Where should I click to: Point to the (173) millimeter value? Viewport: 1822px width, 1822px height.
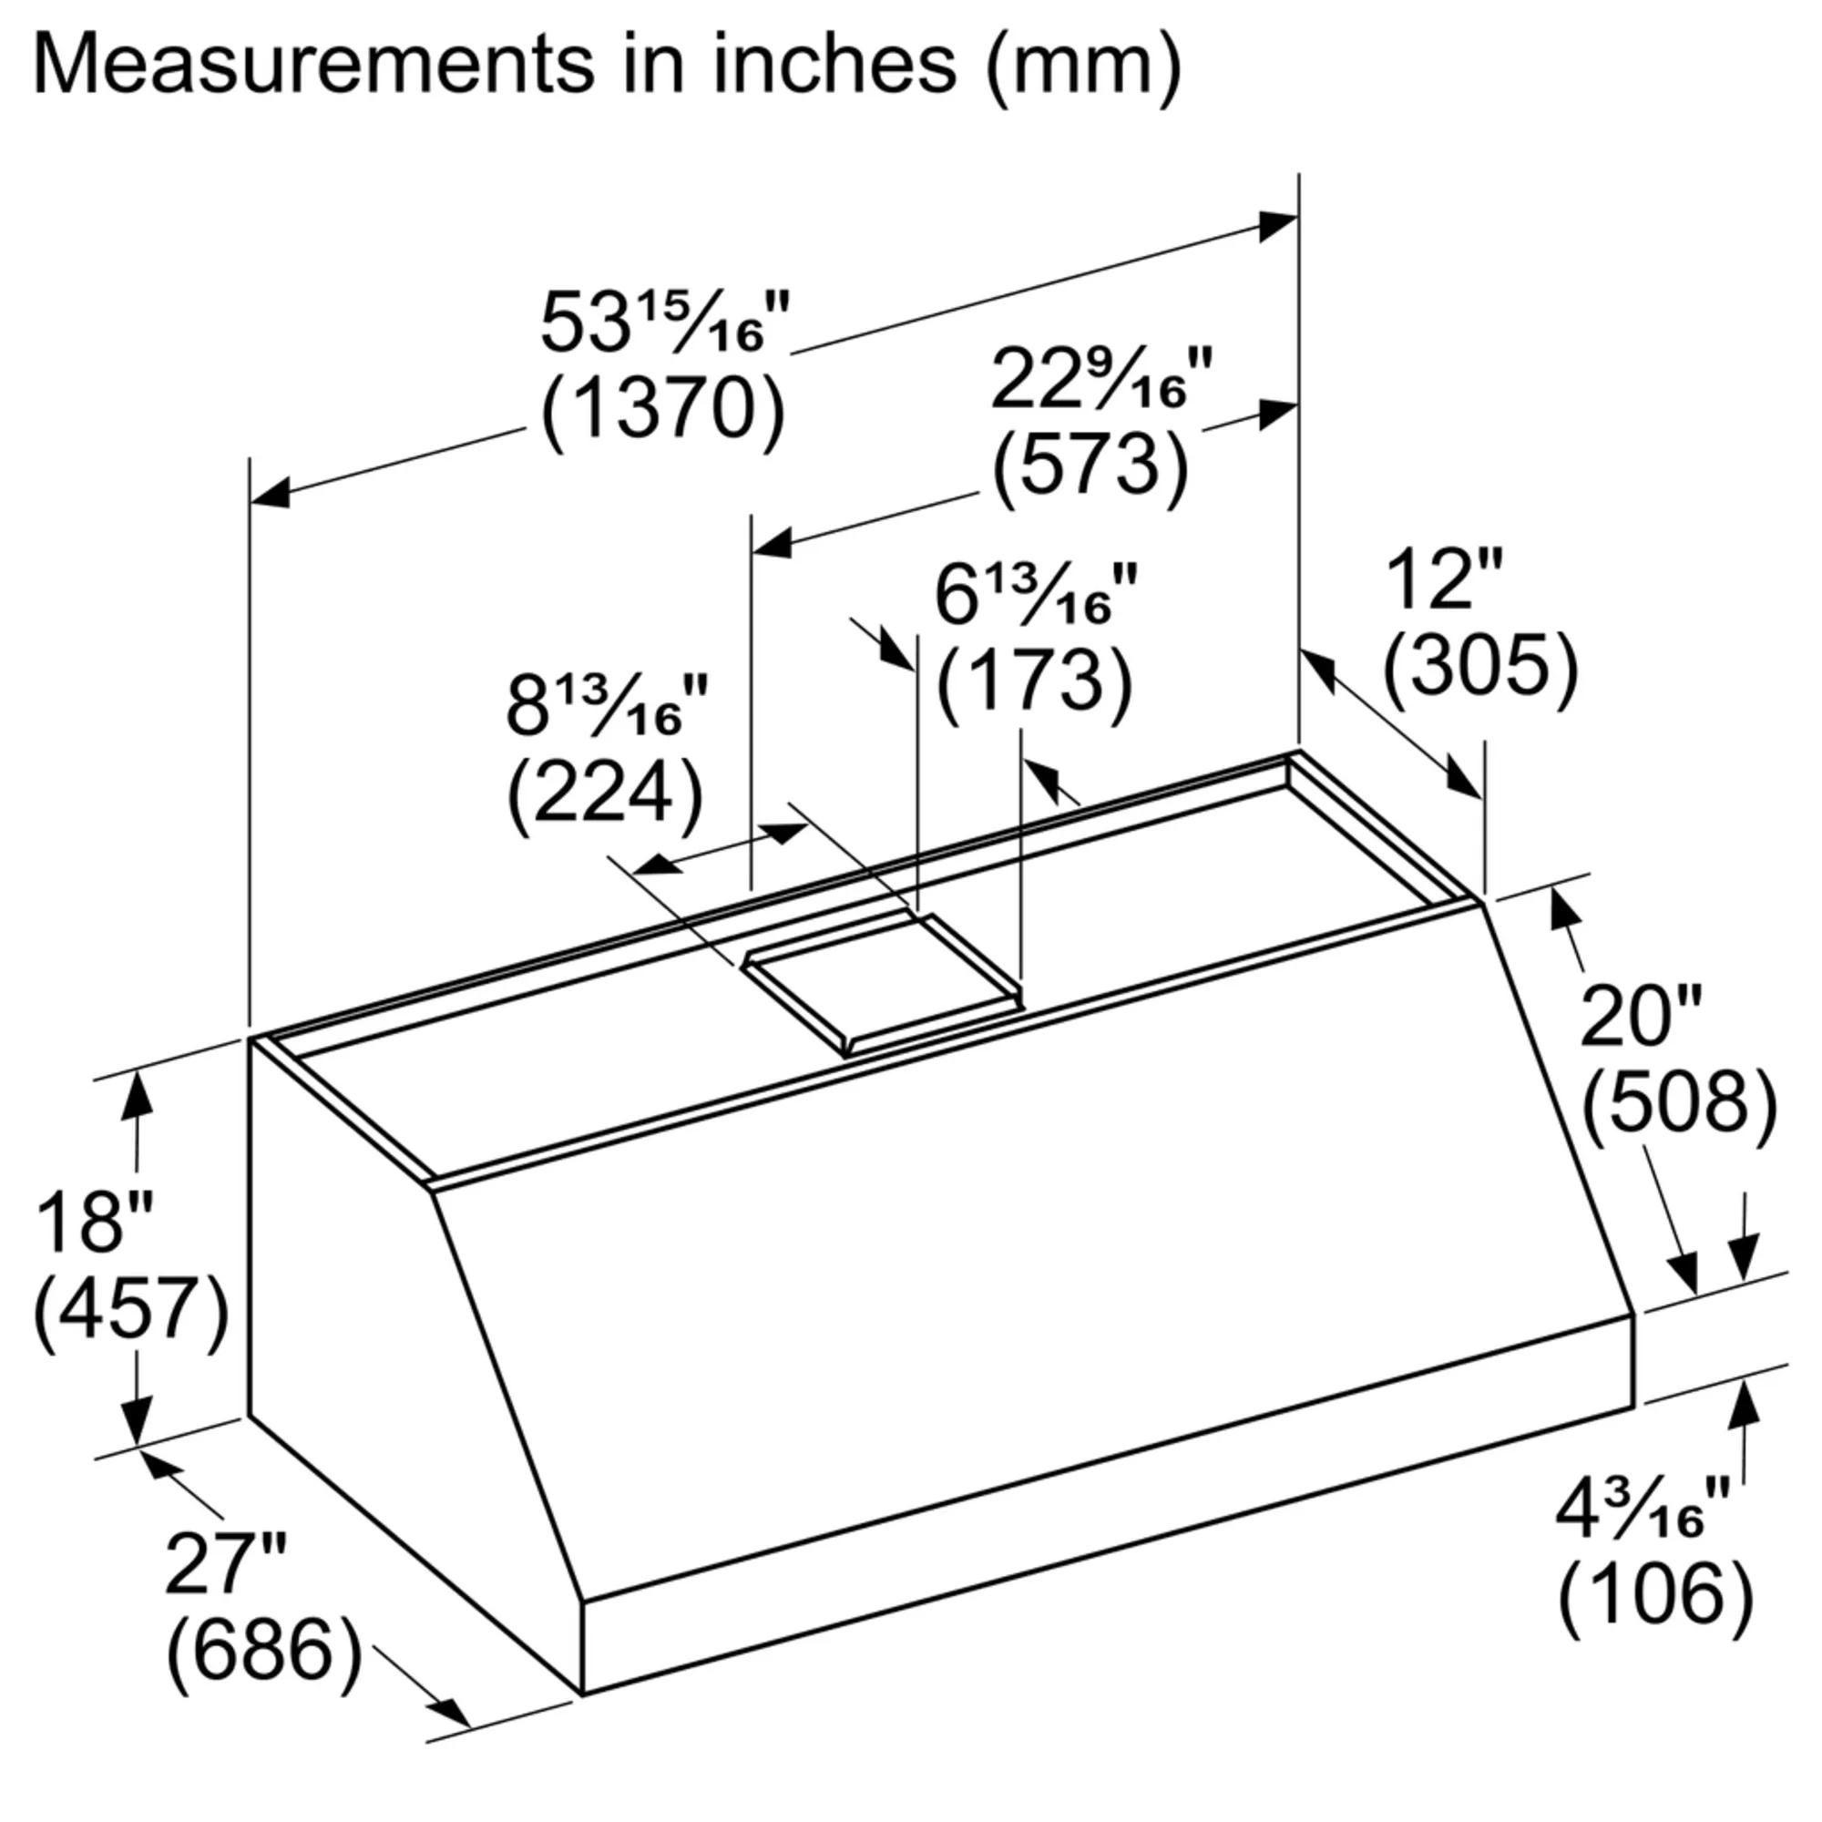(1034, 681)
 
